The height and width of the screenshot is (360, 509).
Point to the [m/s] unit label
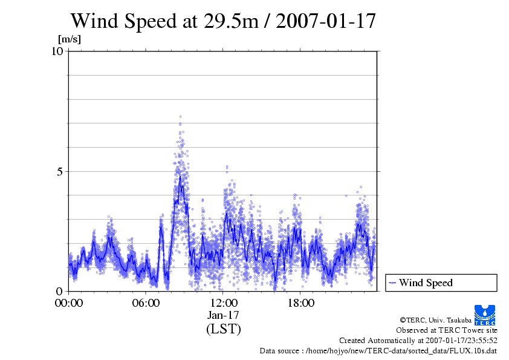70,39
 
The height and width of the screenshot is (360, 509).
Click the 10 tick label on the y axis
57,51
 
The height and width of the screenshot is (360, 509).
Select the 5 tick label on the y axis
60,171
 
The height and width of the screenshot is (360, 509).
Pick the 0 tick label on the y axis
60,291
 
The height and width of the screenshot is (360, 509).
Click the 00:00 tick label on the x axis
69,303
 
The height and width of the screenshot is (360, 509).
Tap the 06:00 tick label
146,303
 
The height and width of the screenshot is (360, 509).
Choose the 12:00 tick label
224,303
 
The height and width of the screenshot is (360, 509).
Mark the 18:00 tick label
301,303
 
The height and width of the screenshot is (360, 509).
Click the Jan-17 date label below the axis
224,315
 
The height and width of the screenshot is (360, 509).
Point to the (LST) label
224,329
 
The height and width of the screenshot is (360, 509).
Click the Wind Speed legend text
426,283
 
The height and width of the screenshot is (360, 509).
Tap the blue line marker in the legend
392,283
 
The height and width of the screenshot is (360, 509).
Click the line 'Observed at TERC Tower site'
447,330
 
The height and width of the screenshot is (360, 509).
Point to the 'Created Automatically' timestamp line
418,340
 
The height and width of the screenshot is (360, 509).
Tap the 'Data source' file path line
378,350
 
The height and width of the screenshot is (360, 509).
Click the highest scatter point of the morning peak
180,116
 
